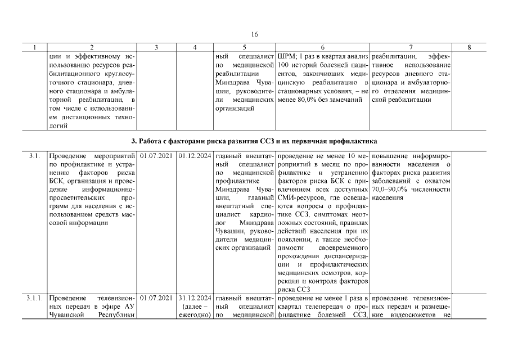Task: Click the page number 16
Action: point(254,35)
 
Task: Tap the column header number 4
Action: point(195,48)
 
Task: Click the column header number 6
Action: point(323,48)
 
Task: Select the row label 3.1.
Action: point(34,155)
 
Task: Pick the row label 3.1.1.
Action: point(34,297)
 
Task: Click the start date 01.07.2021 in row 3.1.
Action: point(156,155)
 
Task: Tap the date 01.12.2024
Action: point(195,155)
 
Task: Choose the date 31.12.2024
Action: point(195,297)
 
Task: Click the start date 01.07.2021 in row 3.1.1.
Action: point(156,297)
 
